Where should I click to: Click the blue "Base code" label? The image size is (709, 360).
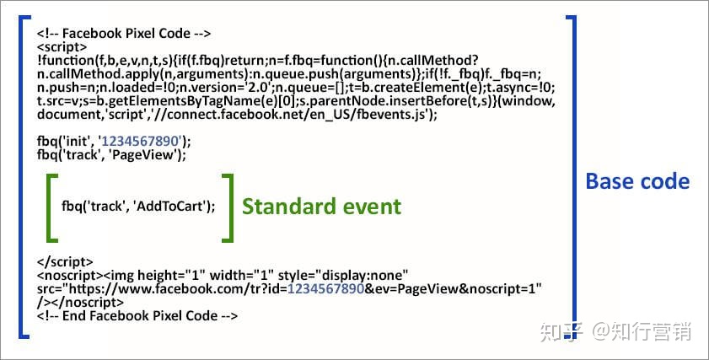tap(637, 181)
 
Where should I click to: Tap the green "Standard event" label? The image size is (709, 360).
tap(321, 207)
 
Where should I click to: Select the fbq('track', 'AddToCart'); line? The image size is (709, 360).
tap(138, 207)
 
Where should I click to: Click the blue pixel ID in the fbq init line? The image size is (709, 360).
tap(141, 142)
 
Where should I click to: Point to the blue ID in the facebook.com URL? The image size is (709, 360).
tap(325, 288)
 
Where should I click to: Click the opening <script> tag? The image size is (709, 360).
tap(62, 47)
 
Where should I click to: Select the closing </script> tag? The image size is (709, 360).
tap(65, 262)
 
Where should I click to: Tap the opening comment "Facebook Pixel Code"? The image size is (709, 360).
tap(126, 34)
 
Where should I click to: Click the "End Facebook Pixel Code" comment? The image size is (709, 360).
tap(140, 315)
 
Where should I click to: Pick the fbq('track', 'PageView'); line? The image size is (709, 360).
tap(111, 155)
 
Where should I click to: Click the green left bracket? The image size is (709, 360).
tap(51, 207)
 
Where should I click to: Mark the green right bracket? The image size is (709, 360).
tap(228, 207)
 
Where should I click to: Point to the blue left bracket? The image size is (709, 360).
tap(22, 177)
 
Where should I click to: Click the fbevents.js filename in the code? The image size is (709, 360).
tap(389, 115)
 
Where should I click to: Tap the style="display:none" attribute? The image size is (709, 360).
tap(343, 275)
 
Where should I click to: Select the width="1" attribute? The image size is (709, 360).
tap(242, 275)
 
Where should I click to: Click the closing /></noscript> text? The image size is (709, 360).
tap(80, 302)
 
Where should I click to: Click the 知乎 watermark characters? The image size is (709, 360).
tap(562, 331)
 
